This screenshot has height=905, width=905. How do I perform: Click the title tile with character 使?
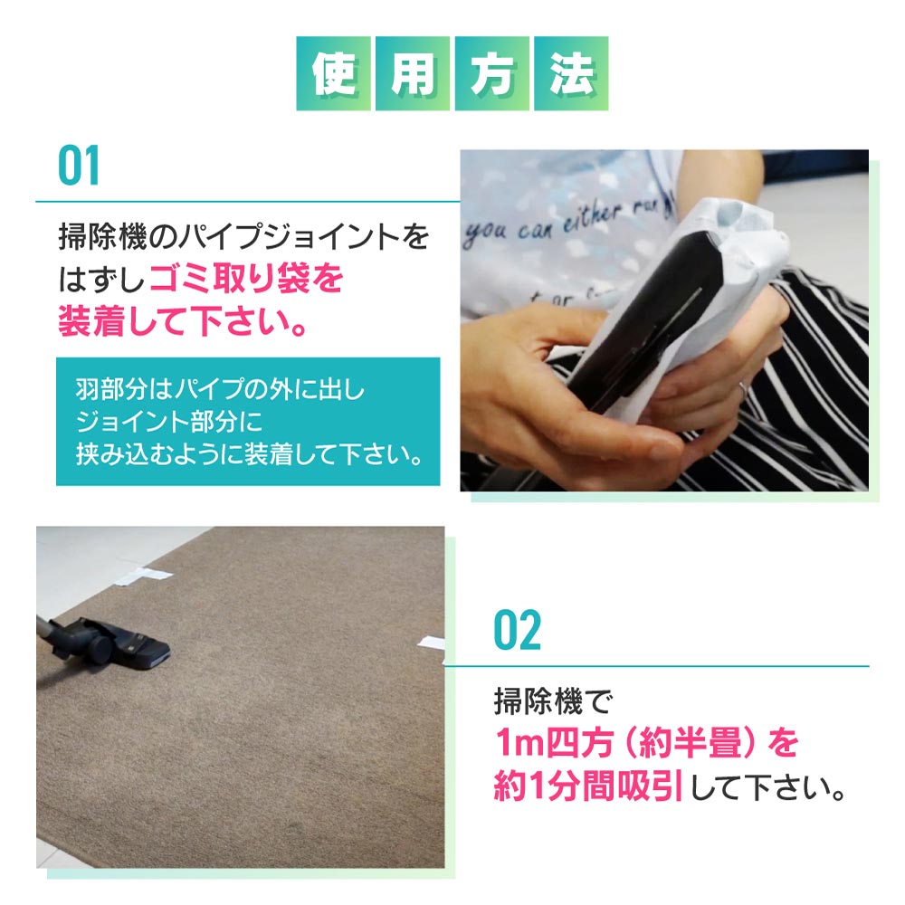point(333,73)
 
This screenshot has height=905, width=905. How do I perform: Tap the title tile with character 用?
point(413,73)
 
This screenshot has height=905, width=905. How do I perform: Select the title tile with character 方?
point(491,73)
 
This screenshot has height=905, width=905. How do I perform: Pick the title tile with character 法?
point(571,73)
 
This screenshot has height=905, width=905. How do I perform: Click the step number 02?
point(517,631)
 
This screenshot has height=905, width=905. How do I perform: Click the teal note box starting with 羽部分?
point(247,421)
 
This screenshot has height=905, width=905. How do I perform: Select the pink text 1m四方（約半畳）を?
point(646,743)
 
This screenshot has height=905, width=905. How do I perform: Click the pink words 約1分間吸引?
point(586,786)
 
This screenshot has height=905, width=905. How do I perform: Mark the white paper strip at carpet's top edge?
point(144,574)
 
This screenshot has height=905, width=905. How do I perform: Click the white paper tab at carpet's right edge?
point(431,643)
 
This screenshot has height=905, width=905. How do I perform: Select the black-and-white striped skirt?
point(796,362)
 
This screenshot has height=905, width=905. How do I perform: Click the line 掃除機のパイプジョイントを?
point(243,238)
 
